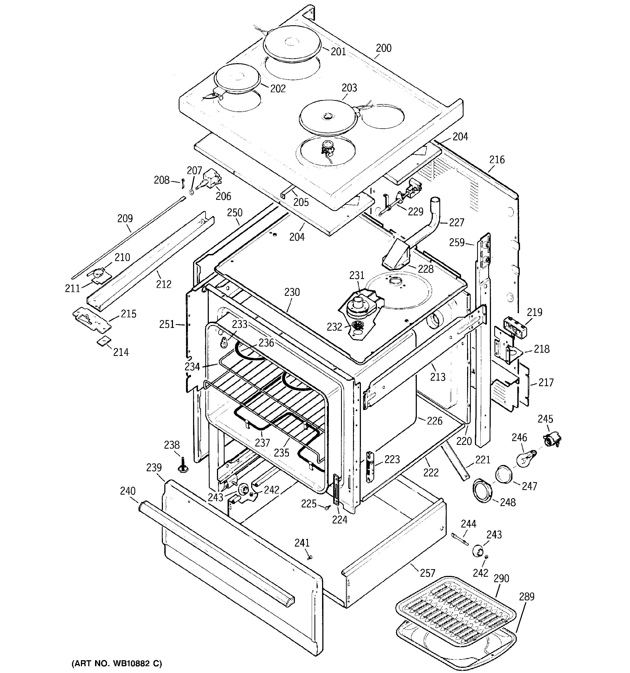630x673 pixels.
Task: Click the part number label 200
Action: click(383, 48)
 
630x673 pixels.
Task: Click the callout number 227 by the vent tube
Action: click(456, 222)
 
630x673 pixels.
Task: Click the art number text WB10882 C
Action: click(117, 663)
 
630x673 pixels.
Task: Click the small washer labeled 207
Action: click(191, 192)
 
